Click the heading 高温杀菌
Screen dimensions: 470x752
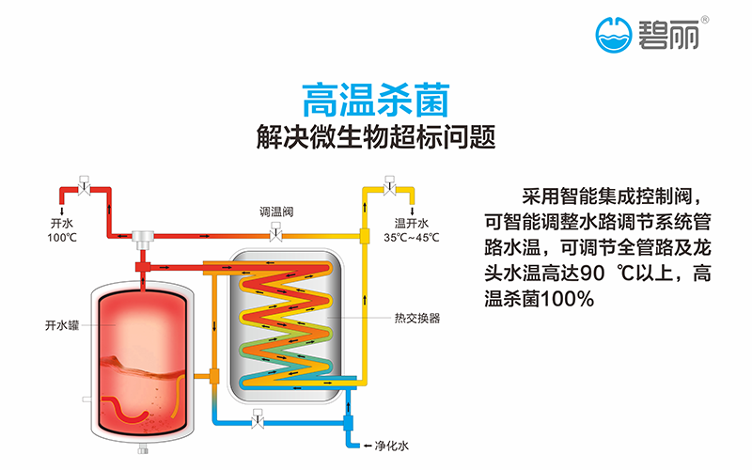point(375,97)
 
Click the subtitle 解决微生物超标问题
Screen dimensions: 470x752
point(375,137)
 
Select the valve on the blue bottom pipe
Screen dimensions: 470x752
point(257,415)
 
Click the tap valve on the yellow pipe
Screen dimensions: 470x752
point(388,183)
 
